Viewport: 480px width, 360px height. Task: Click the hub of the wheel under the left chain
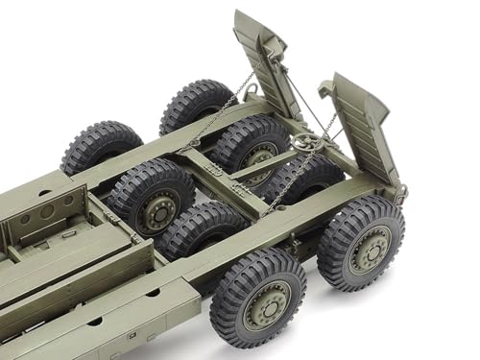coord(254,154)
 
